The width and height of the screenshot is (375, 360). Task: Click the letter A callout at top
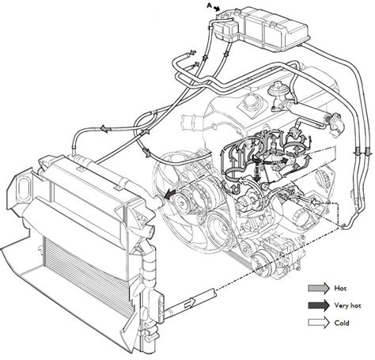210,6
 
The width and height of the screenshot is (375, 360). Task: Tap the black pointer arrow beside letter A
217,9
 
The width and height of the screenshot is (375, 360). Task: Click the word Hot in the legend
340,288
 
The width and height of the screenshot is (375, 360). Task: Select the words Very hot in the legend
347,305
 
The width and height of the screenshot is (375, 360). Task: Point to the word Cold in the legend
342,323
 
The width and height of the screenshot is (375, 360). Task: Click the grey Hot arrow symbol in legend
319,288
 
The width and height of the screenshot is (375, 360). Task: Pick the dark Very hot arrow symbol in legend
319,305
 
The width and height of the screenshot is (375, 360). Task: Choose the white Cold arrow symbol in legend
319,323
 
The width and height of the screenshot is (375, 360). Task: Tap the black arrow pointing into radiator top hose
171,195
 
